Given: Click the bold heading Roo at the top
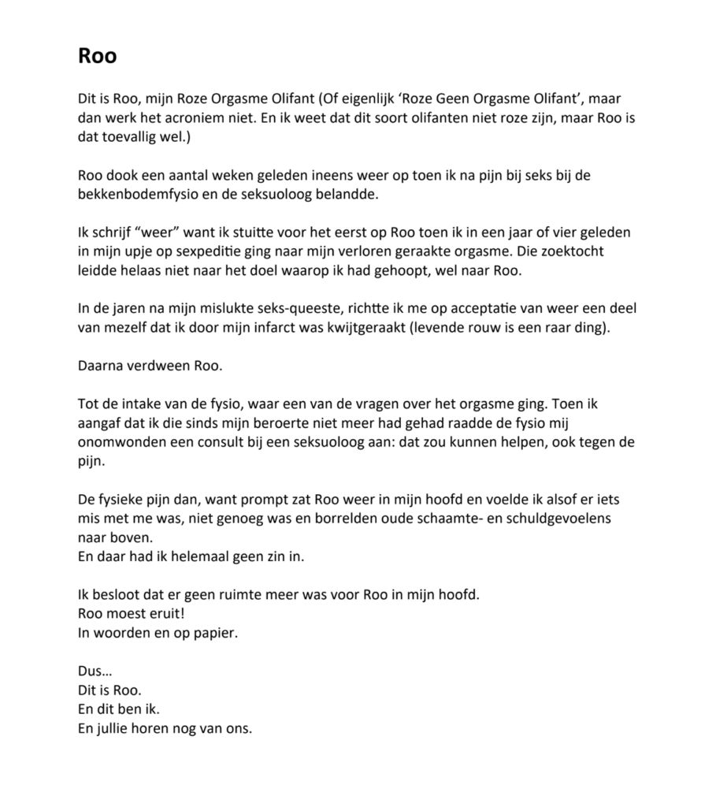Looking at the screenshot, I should (x=98, y=57).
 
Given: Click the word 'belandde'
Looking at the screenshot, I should (x=354, y=194).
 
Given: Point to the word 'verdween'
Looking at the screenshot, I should (x=159, y=365).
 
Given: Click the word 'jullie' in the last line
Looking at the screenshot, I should (x=118, y=728).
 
